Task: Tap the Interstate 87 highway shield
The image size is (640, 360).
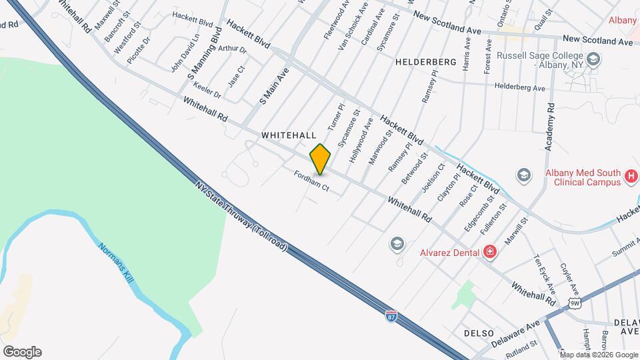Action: coord(391,315)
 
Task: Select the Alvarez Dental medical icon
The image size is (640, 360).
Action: coord(490,251)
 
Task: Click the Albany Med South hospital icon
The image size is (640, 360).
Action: coord(631,177)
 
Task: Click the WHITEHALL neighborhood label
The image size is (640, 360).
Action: coord(289,135)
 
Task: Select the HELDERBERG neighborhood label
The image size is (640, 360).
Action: coord(425,62)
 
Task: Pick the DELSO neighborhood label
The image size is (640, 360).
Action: coord(479,333)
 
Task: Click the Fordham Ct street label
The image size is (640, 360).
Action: coord(311,181)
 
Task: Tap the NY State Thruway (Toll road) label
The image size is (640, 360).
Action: coord(241,216)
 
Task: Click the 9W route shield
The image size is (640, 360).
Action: coord(575,304)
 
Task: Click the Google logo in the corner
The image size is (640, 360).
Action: coord(21,352)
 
